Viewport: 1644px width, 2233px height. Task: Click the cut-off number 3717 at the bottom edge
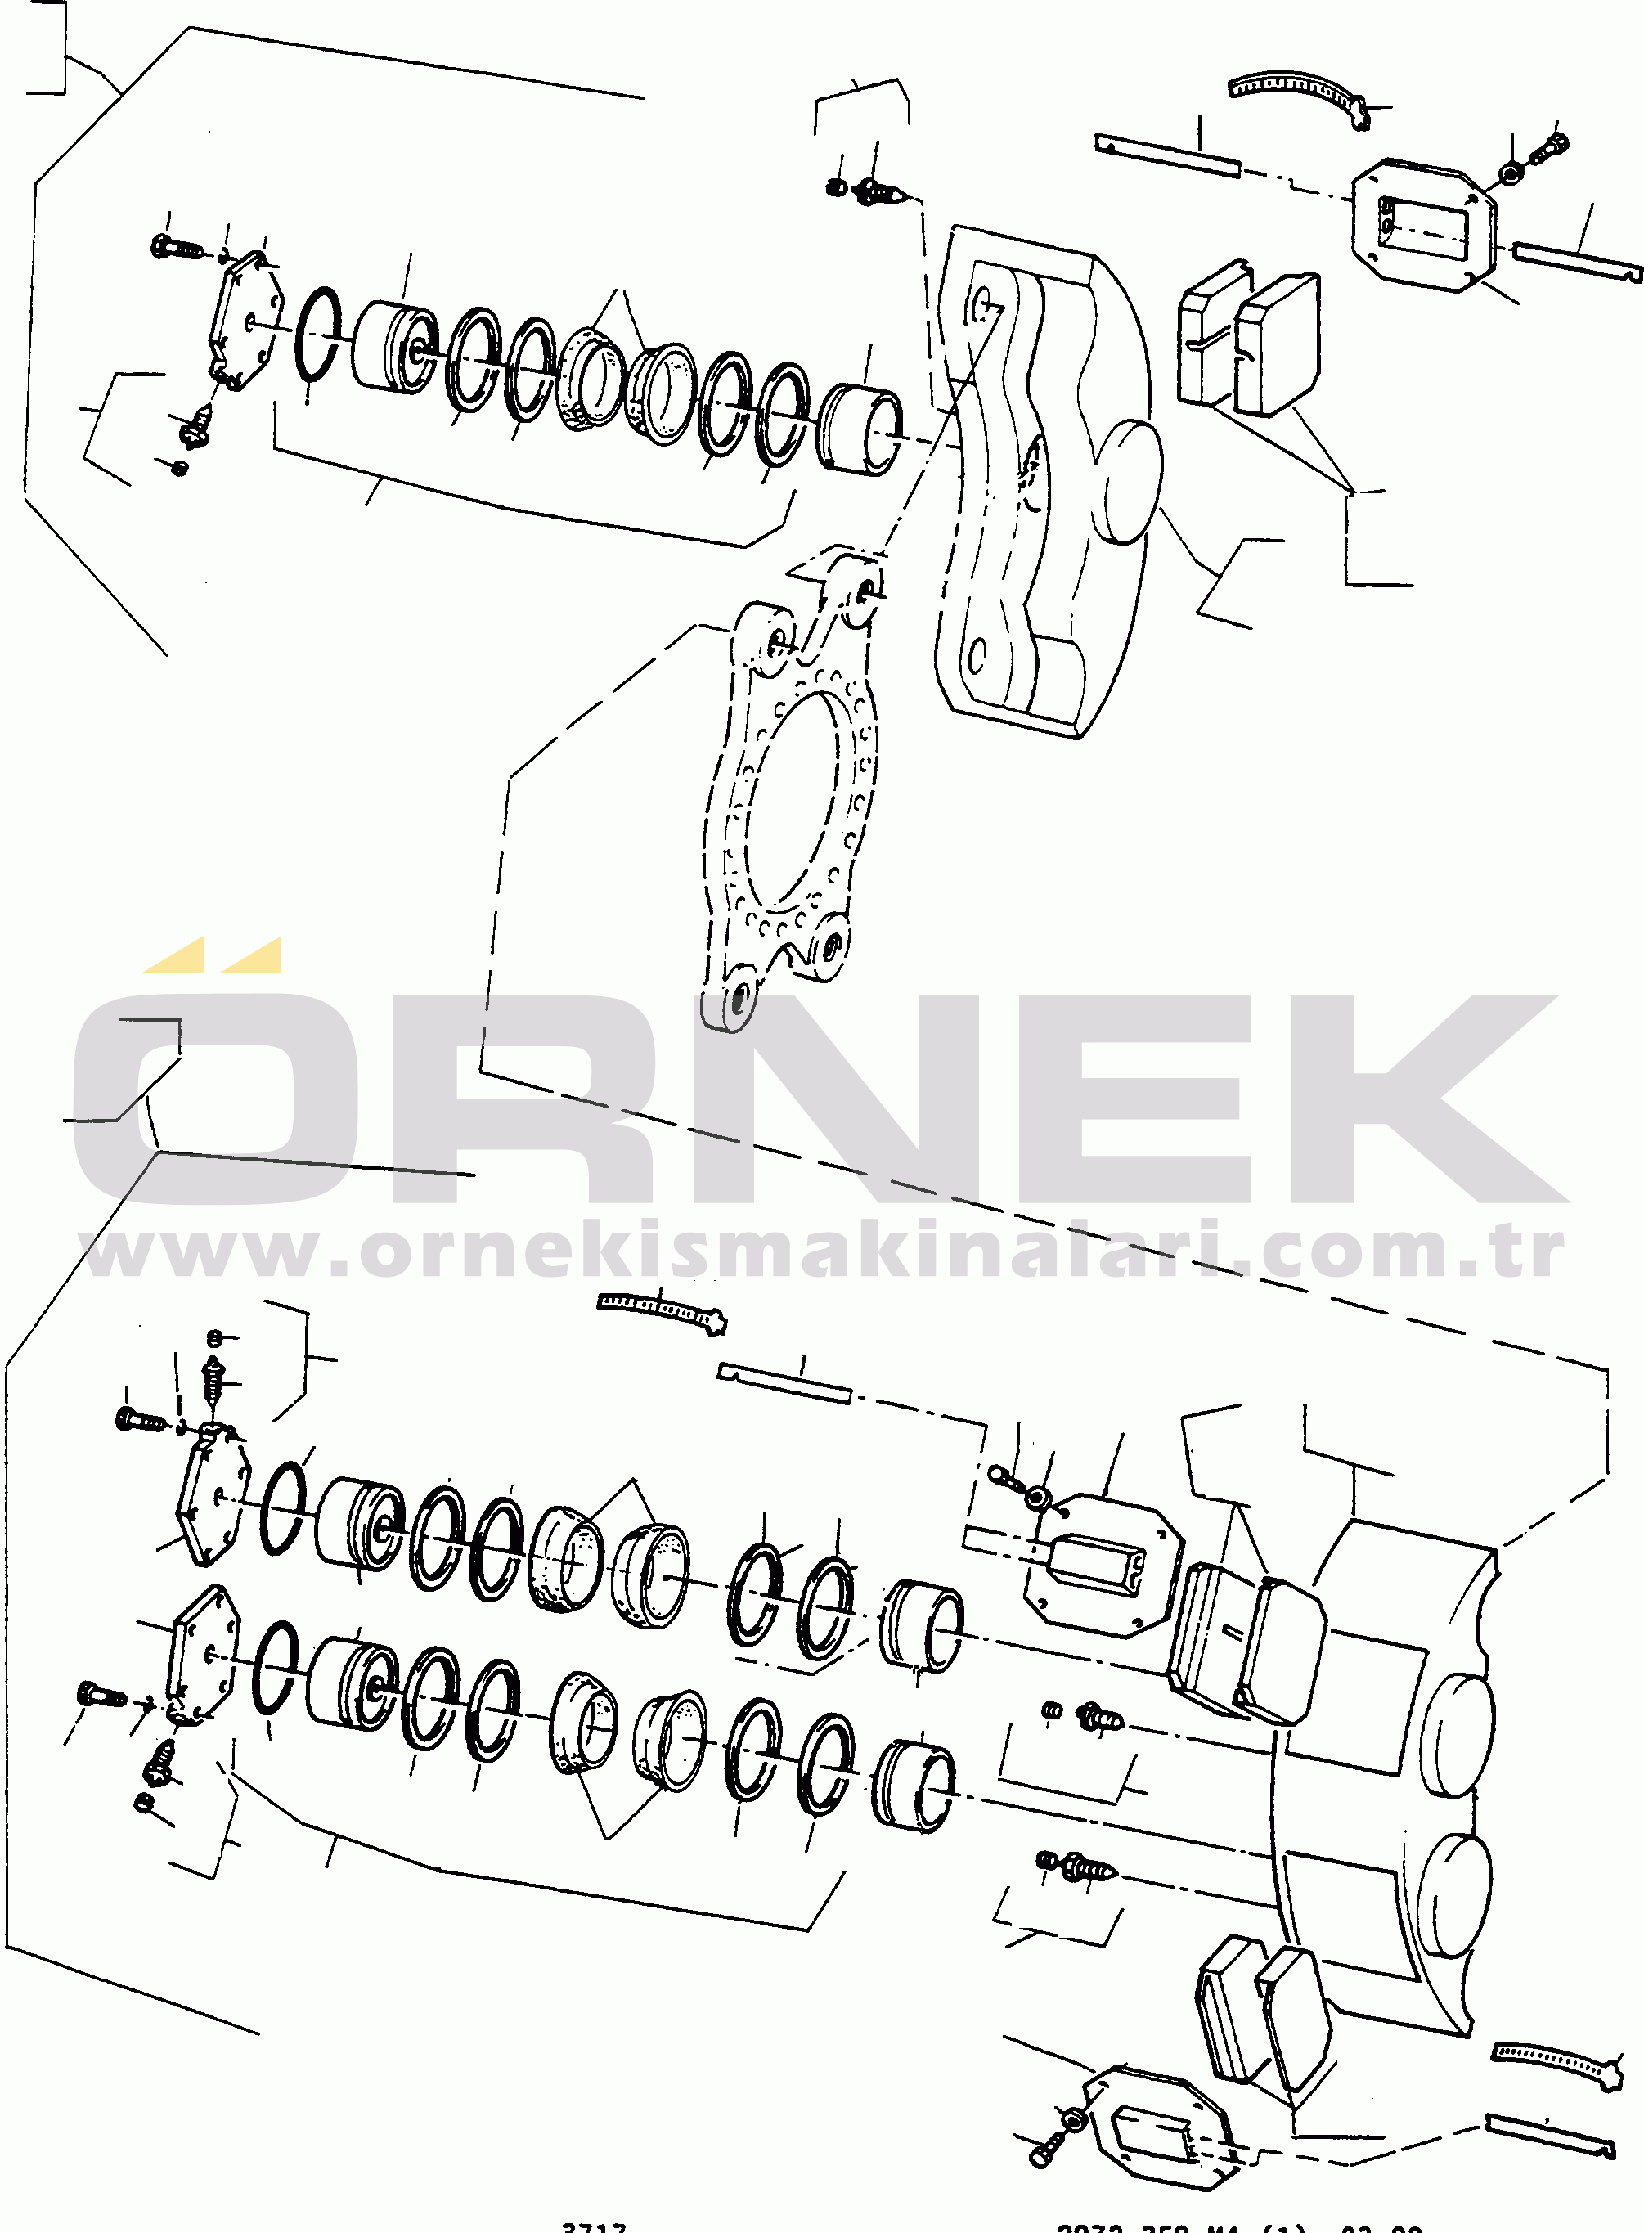[x=594, y=2226]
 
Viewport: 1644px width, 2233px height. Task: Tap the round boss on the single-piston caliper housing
[x=1131, y=481]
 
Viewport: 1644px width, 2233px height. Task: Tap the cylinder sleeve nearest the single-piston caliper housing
[x=860, y=428]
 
